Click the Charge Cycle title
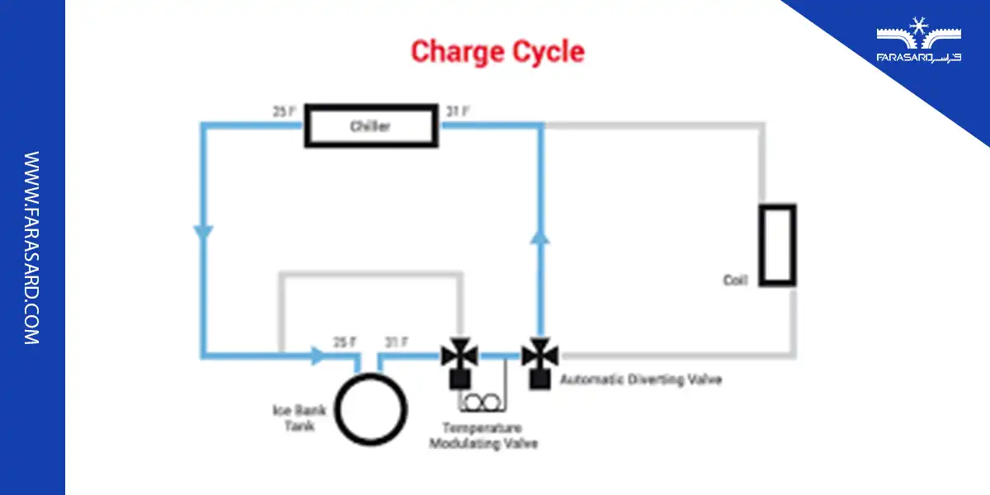point(497,51)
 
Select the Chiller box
point(370,126)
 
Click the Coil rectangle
point(777,245)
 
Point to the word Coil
point(735,280)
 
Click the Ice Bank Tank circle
point(370,408)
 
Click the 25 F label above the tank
point(345,342)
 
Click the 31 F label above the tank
point(397,342)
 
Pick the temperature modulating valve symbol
point(460,357)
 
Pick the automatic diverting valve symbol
point(540,357)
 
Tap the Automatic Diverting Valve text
point(641,380)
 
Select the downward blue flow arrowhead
point(202,233)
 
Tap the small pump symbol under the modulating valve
point(481,401)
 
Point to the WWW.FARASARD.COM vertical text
point(31,247)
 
